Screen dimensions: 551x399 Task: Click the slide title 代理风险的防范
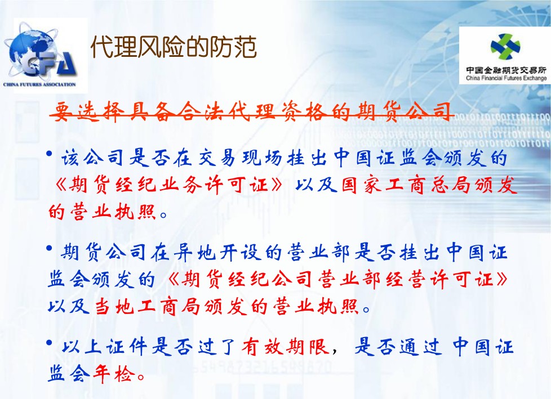(x=174, y=47)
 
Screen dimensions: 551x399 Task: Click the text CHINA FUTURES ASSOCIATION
(x=39, y=84)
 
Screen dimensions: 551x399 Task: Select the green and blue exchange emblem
(x=505, y=47)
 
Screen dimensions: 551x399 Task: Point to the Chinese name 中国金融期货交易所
(x=506, y=70)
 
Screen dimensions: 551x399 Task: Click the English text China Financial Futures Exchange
(x=506, y=78)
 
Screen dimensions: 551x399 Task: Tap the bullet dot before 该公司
(x=49, y=154)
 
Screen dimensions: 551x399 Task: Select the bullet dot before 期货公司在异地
(x=49, y=248)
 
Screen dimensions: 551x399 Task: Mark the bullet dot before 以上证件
(x=49, y=342)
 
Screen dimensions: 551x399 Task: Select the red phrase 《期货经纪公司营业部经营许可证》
(x=337, y=280)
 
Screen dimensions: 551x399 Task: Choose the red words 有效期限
(x=285, y=347)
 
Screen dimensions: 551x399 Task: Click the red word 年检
(x=114, y=374)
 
